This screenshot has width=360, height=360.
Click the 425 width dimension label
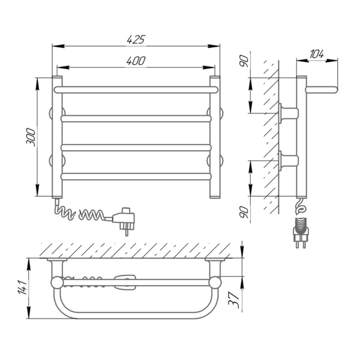coord(136,39)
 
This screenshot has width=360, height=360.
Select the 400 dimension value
coord(136,61)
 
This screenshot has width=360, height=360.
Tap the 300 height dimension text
coord(31,137)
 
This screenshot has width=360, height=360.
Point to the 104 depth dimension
coord(317,54)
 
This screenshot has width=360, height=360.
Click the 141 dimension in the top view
coord(23,287)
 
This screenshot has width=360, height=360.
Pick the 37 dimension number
coord(234,299)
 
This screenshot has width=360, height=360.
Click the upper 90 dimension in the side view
coord(244,61)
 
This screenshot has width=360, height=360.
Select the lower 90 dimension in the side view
coord(244,212)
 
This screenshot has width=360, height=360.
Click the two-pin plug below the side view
coord(301,233)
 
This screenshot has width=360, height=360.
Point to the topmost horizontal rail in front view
coord(136,90)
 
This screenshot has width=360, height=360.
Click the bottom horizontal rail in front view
coord(136,176)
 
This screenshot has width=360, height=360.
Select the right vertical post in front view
coord(215,137)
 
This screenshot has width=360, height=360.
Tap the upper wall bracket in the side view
coord(289,113)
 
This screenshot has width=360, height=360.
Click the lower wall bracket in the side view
coord(289,160)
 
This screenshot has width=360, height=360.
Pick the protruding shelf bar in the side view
coord(322,90)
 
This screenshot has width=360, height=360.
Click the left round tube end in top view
coord(56,283)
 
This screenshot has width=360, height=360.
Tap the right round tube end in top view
coord(215,283)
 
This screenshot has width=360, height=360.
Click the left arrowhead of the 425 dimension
coord(58,46)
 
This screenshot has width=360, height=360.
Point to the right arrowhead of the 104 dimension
coord(332,61)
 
